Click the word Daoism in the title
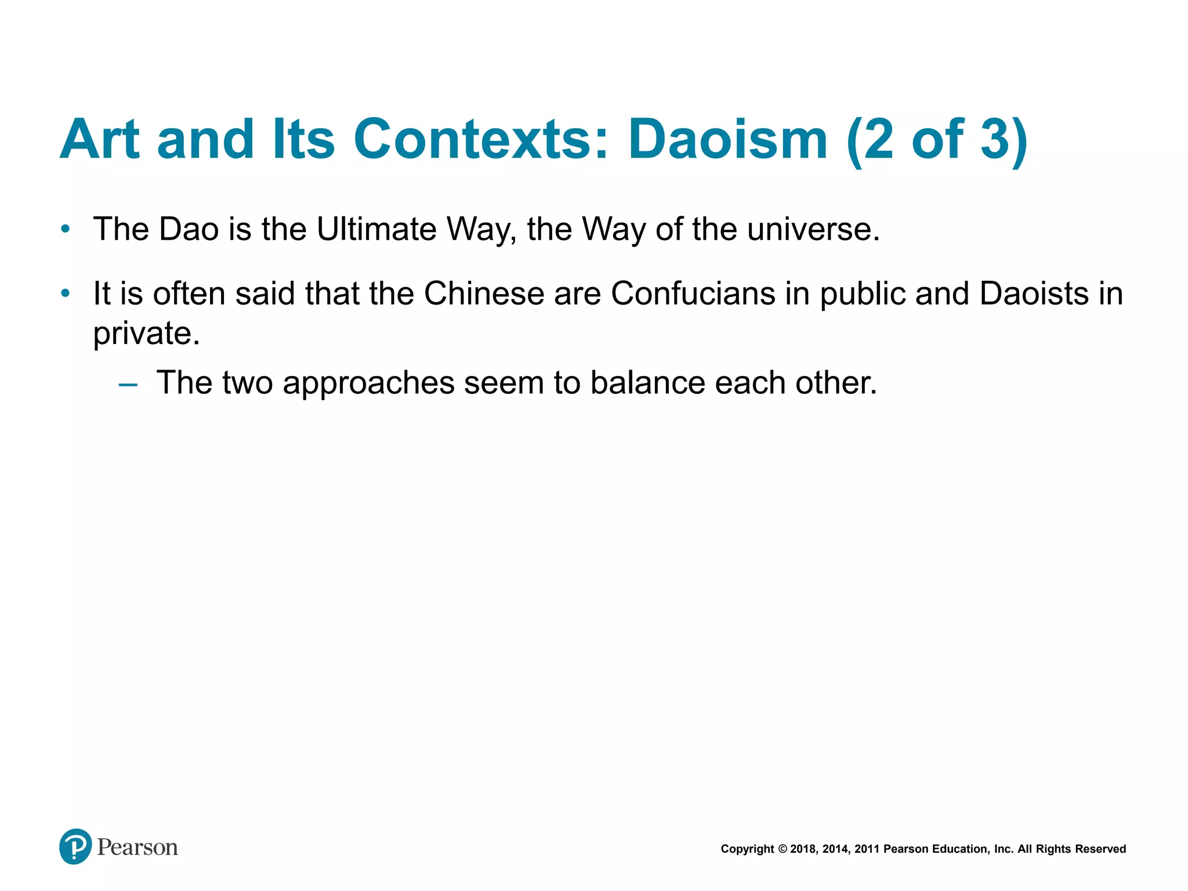click(x=727, y=140)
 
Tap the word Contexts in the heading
click(x=481, y=140)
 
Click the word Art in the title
click(x=100, y=140)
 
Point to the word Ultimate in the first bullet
click(x=376, y=229)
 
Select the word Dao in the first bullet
click(x=189, y=229)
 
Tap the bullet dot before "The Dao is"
click(x=66, y=229)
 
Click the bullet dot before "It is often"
click(x=66, y=294)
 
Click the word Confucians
click(x=693, y=294)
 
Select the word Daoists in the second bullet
click(x=1034, y=294)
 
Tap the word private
click(x=146, y=334)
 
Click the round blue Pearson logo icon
click(x=75, y=846)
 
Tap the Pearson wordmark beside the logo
click(x=137, y=847)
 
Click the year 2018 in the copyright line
click(x=803, y=849)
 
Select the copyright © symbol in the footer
click(x=782, y=849)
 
